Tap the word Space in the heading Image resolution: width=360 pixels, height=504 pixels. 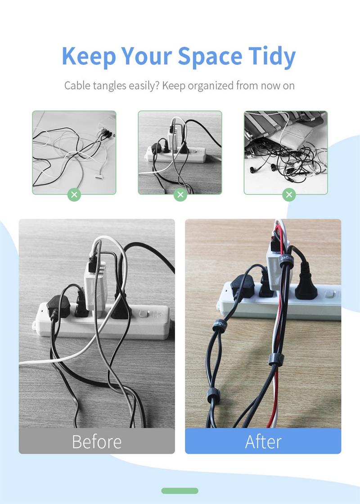click(210, 57)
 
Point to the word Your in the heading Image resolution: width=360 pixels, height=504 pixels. click(147, 57)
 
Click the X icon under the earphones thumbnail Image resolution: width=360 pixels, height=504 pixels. click(289, 194)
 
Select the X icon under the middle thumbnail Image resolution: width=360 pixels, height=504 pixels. click(180, 194)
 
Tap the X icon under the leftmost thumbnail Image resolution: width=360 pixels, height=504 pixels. click(74, 194)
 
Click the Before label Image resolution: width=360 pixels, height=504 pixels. click(97, 441)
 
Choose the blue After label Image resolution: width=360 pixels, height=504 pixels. click(263, 441)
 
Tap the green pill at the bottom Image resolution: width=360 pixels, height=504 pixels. click(180, 490)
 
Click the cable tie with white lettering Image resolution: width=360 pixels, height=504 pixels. click(286, 261)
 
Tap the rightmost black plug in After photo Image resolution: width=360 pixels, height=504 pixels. click(306, 283)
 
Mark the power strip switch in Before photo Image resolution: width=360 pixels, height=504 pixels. click(144, 313)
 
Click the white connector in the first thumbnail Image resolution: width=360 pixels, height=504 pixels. click(99, 176)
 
